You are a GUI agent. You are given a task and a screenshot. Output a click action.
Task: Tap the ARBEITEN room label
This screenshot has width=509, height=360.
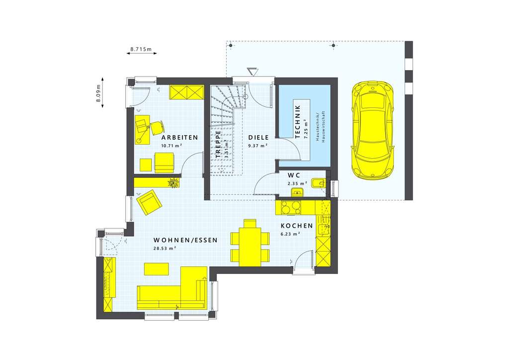tap(179, 137)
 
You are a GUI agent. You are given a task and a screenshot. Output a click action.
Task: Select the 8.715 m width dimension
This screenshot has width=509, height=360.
tap(141, 50)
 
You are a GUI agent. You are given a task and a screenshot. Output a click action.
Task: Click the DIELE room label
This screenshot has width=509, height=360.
tap(258, 137)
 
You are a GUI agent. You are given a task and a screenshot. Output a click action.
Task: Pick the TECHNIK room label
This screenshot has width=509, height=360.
tap(298, 121)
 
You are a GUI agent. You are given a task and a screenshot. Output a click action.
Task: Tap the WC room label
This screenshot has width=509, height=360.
tap(294, 175)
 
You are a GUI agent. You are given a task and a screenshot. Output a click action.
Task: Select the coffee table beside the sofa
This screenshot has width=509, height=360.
tap(156, 269)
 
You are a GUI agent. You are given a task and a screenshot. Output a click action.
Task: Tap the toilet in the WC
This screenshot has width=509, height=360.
tap(319, 182)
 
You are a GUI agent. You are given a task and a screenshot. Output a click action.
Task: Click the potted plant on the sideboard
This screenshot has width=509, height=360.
tap(173, 182)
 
